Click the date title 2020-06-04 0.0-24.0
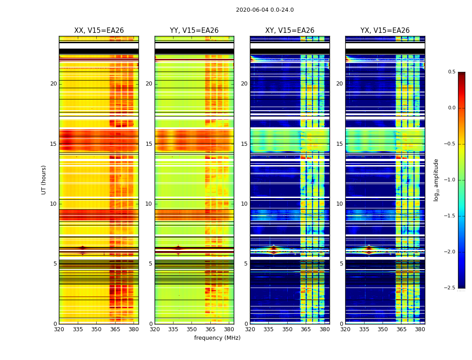tap(265, 10)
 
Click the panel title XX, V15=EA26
tap(99, 31)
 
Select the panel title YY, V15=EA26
tap(194, 31)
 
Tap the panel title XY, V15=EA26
tap(289, 31)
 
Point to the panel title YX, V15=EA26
tap(385, 31)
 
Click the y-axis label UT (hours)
tap(44, 180)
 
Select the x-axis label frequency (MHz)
tap(217, 338)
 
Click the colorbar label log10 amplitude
tap(436, 180)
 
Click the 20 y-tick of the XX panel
tap(53, 84)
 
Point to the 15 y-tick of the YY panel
tap(149, 144)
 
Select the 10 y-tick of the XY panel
tap(244, 204)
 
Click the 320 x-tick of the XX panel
tap(59, 329)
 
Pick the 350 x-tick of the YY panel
tap(192, 329)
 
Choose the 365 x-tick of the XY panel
tap(306, 329)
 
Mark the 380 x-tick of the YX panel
tap(420, 329)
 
